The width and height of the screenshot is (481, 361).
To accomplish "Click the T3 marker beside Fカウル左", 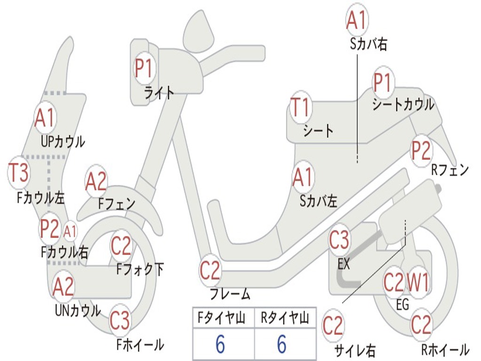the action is [19, 173].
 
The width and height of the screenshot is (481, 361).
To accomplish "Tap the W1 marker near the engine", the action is [417, 282].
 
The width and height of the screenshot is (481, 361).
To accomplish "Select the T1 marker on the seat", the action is [300, 107].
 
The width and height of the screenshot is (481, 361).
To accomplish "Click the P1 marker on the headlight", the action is [144, 68].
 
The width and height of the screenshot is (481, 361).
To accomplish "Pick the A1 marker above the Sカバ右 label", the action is [357, 20].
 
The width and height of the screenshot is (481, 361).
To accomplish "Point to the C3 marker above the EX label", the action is [339, 240].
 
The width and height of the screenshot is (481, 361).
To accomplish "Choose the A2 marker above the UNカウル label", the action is [63, 286].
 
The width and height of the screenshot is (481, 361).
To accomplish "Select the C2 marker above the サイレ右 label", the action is [333, 325].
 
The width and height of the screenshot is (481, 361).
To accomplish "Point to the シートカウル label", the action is [403, 104].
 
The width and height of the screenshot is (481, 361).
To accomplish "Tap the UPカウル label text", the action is [63, 142].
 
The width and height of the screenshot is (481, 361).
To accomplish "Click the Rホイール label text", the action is [445, 350].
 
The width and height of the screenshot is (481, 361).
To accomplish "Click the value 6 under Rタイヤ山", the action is [282, 344].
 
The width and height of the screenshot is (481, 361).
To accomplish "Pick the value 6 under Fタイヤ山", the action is [220, 344].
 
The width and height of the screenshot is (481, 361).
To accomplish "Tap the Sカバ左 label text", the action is [318, 201].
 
